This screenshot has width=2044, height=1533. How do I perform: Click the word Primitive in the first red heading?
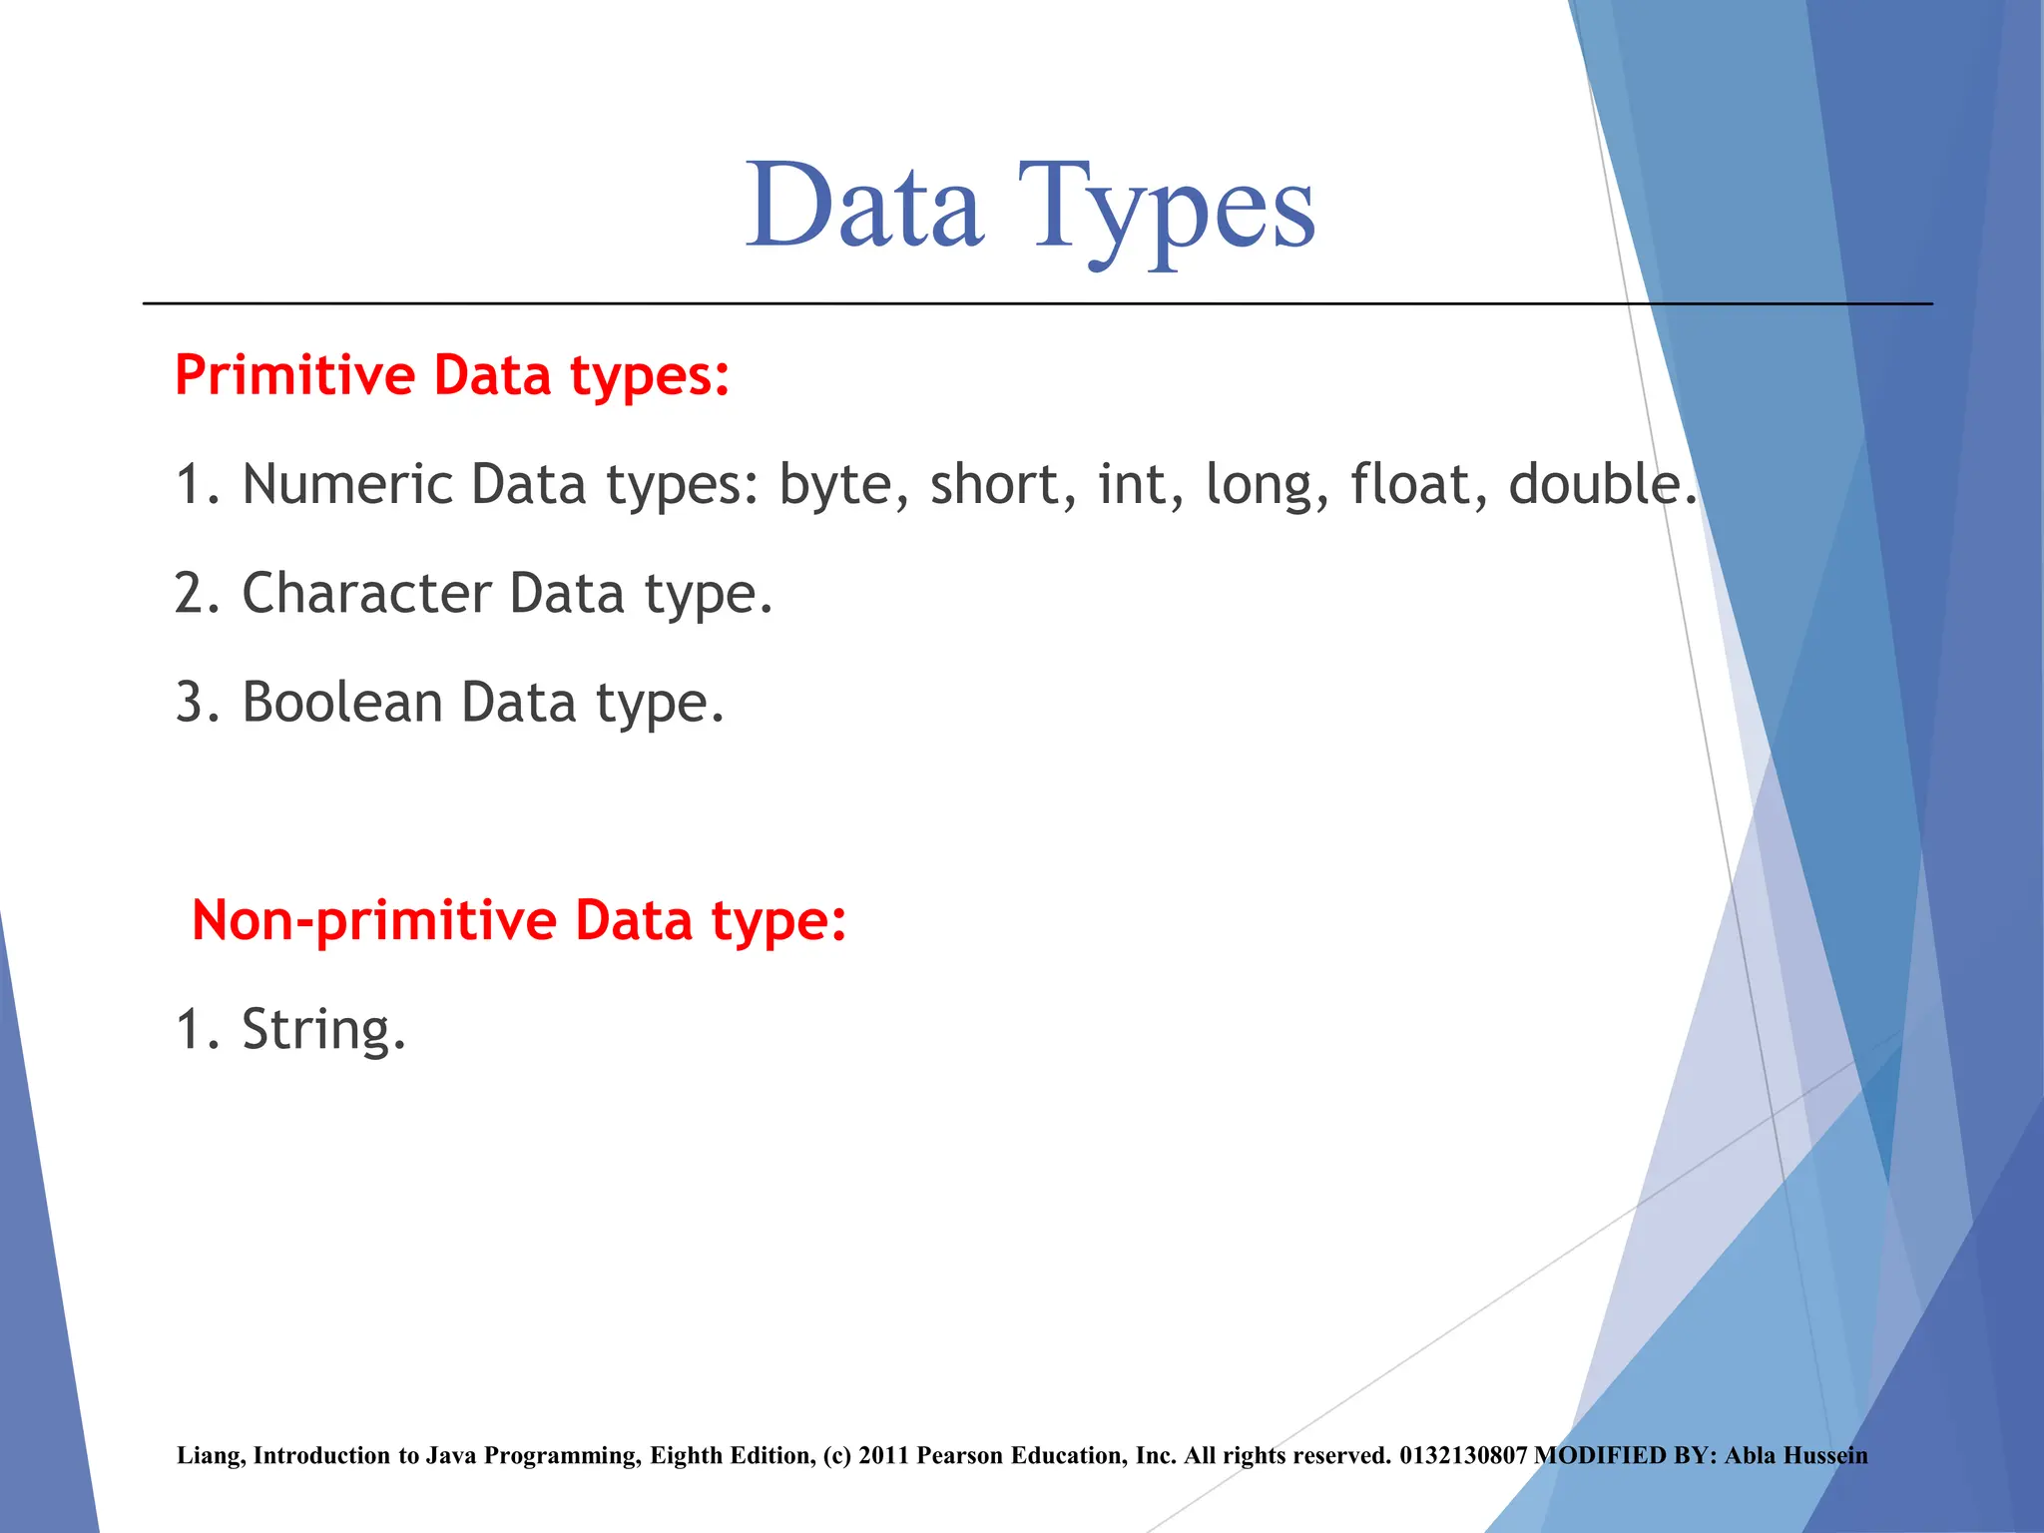[x=294, y=375]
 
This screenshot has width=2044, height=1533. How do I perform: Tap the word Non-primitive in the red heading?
[x=373, y=920]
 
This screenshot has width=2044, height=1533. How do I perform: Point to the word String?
[x=323, y=1030]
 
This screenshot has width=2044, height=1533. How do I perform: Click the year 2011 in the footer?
[x=883, y=1455]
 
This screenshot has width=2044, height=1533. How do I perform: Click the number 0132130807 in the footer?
[x=1462, y=1455]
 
